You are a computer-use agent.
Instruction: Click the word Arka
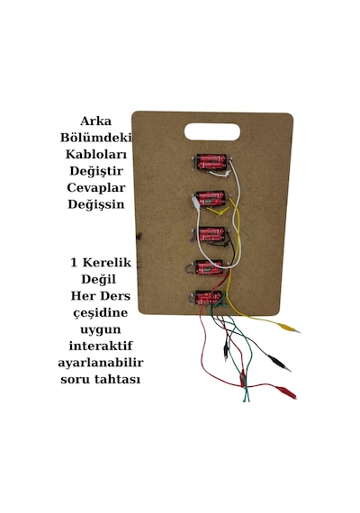pyautogui.click(x=95, y=121)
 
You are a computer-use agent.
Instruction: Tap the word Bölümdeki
pyautogui.click(x=95, y=138)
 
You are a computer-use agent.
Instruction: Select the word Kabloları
pyautogui.click(x=96, y=154)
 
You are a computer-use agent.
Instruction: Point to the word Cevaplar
pyautogui.click(x=96, y=188)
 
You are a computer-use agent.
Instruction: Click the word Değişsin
pyautogui.click(x=96, y=204)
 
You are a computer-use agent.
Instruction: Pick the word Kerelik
pyautogui.click(x=107, y=263)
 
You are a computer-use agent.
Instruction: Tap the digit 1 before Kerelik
pyautogui.click(x=74, y=263)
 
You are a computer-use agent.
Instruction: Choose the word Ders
pyautogui.click(x=115, y=296)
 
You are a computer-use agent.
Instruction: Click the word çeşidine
pyautogui.click(x=101, y=313)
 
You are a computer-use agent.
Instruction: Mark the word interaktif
pyautogui.click(x=101, y=346)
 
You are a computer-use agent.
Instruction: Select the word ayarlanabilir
pyautogui.click(x=101, y=364)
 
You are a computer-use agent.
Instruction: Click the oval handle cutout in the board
pyautogui.click(x=212, y=131)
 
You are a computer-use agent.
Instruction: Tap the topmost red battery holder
pyautogui.click(x=211, y=162)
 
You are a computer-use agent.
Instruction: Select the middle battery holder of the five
pyautogui.click(x=211, y=235)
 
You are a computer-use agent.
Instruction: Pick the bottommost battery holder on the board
pyautogui.click(x=209, y=298)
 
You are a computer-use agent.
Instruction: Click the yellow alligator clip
pyautogui.click(x=289, y=328)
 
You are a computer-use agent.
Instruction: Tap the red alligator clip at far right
pyautogui.click(x=285, y=391)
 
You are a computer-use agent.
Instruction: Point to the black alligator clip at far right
pyautogui.click(x=280, y=364)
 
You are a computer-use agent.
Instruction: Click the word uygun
pyautogui.click(x=101, y=329)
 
